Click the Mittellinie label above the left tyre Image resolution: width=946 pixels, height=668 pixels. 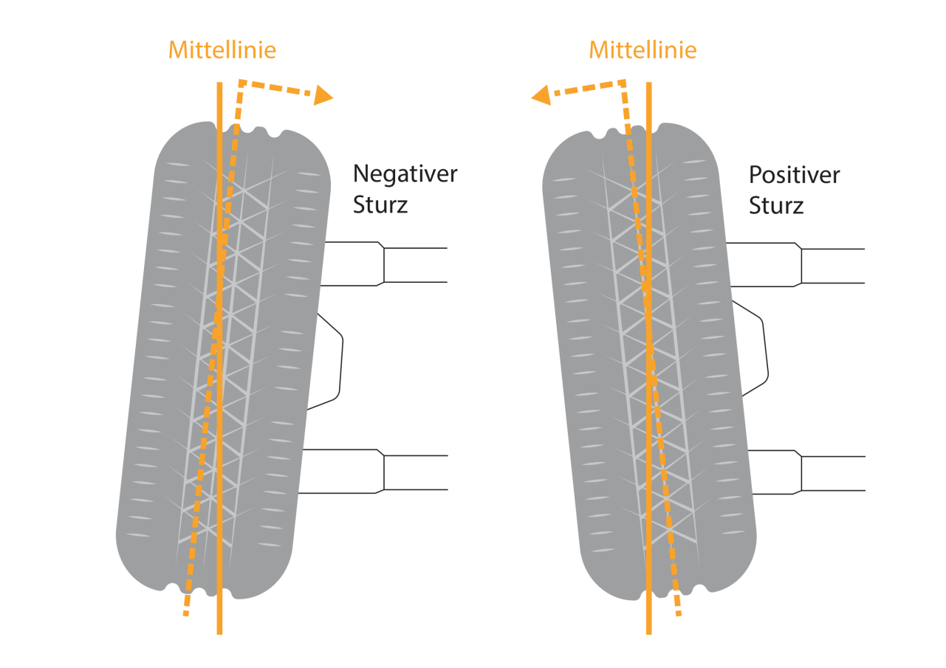(222, 50)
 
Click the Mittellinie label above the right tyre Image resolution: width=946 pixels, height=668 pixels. (642, 50)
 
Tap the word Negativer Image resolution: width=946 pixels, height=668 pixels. (405, 173)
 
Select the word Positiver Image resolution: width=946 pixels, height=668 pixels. (795, 175)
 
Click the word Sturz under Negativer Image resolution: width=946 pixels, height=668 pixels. (380, 204)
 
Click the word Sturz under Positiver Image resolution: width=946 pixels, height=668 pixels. (776, 205)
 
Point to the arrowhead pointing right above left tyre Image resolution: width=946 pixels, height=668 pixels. (323, 95)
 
